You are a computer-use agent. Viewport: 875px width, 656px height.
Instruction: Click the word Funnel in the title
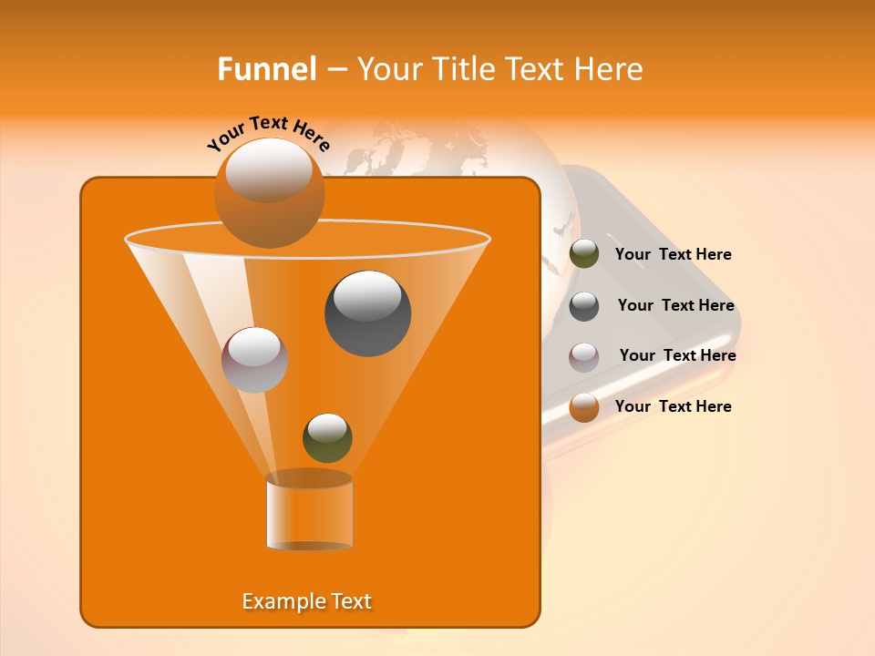point(266,68)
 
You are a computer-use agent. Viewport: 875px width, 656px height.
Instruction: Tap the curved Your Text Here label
point(268,132)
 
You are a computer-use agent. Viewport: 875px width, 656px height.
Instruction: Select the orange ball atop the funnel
point(269,192)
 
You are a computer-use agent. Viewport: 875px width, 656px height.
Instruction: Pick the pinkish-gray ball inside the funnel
point(254,360)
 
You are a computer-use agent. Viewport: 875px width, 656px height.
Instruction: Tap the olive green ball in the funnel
point(327,437)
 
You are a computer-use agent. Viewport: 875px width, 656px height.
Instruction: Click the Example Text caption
point(307,601)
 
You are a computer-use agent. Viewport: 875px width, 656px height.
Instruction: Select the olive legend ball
point(584,254)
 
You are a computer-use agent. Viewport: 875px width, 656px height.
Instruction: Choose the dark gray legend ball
point(584,306)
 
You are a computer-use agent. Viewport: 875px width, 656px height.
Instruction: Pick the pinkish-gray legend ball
point(584,356)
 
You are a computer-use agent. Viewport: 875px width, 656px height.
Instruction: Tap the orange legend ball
point(584,407)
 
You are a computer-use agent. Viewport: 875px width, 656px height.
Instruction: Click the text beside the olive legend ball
point(673,254)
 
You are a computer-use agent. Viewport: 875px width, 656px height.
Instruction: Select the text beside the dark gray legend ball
point(675,305)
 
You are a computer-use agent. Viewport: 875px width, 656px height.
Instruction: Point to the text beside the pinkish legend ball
point(677,355)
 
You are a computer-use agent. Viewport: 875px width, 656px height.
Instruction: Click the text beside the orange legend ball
point(673,406)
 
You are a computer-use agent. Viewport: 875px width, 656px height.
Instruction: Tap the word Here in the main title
point(612,68)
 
